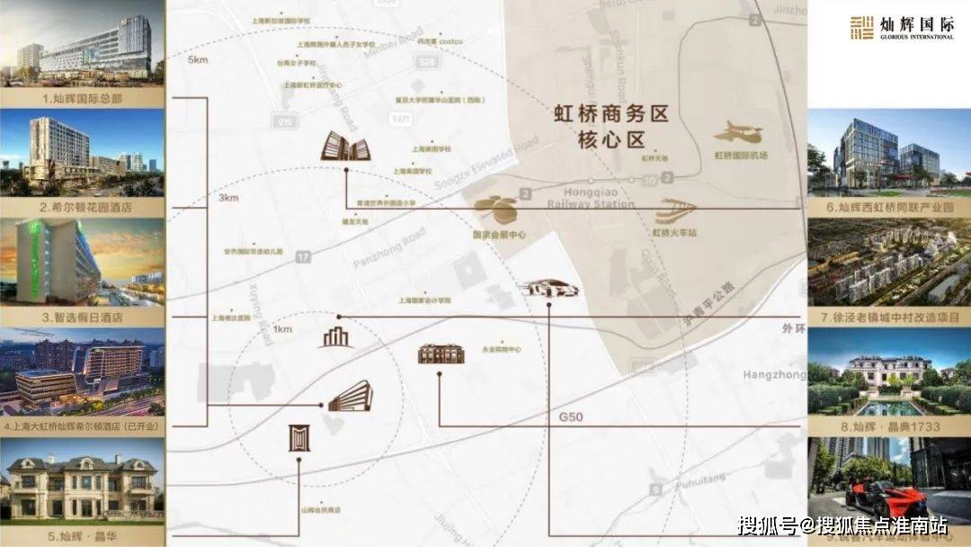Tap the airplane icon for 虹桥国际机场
click(x=739, y=133)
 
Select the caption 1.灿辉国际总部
click(x=83, y=98)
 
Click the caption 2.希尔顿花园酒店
click(x=83, y=208)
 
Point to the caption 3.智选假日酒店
click(x=83, y=318)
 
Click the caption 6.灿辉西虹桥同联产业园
click(x=890, y=208)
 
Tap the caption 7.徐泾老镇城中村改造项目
click(x=890, y=318)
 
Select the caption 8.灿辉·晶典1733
click(x=890, y=427)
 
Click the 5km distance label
click(x=199, y=61)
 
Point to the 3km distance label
click(x=228, y=197)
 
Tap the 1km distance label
click(x=282, y=329)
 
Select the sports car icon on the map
click(x=548, y=290)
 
